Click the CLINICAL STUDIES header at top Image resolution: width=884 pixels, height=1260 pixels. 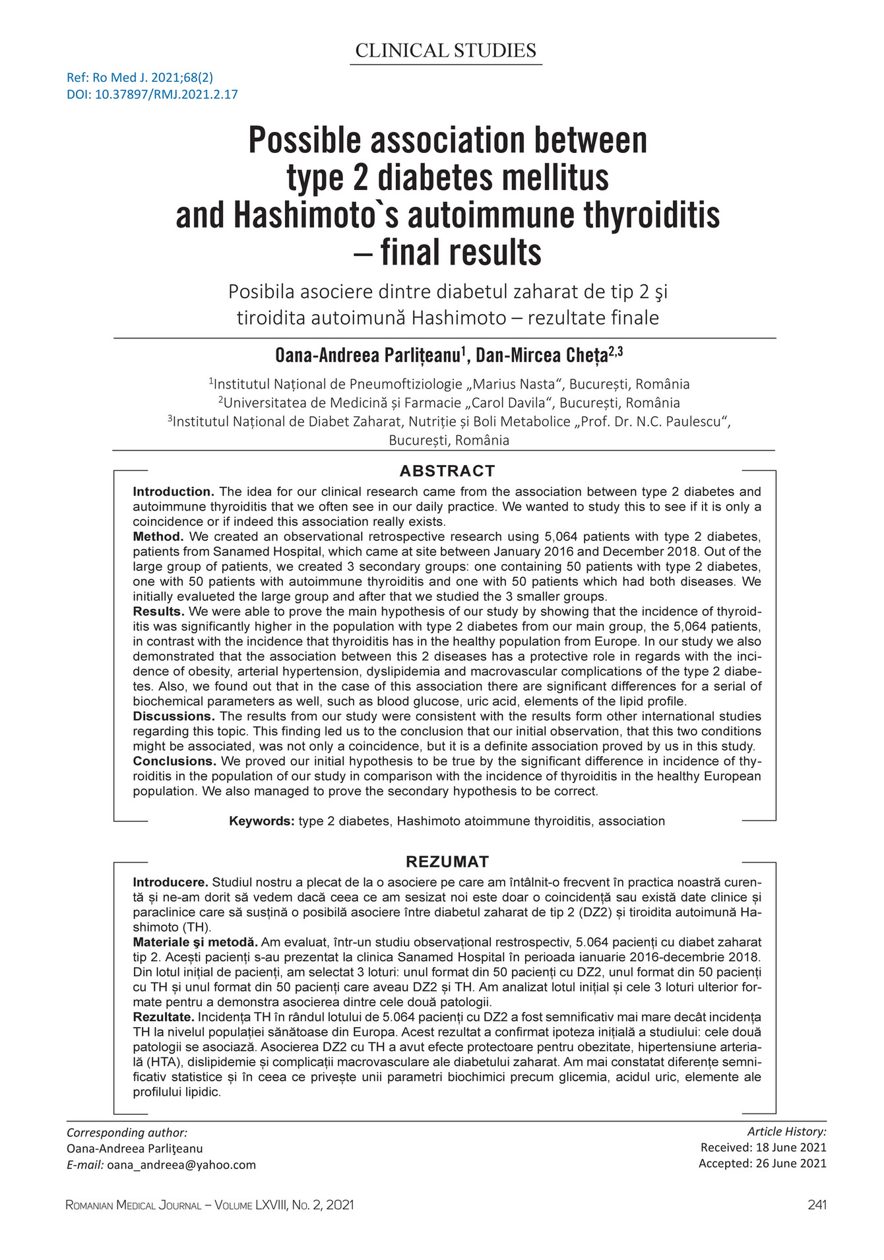(x=445, y=51)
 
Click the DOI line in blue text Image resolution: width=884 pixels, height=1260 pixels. (x=152, y=94)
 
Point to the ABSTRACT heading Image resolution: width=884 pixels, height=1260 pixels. (x=447, y=471)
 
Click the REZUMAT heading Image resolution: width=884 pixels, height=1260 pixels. (x=447, y=862)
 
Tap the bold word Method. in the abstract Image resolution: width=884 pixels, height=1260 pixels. (x=158, y=536)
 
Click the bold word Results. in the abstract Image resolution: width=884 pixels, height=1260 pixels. (x=158, y=612)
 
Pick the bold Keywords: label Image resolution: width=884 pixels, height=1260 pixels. (x=261, y=821)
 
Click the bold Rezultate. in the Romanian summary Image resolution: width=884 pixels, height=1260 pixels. (x=164, y=1017)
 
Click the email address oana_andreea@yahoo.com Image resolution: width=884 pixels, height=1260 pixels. (x=181, y=1165)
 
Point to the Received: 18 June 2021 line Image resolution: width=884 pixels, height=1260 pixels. (x=763, y=1148)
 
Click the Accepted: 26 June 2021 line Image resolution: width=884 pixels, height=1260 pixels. (x=762, y=1164)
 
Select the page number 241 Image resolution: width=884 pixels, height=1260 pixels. (x=817, y=1205)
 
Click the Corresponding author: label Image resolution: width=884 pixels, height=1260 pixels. (x=127, y=1133)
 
